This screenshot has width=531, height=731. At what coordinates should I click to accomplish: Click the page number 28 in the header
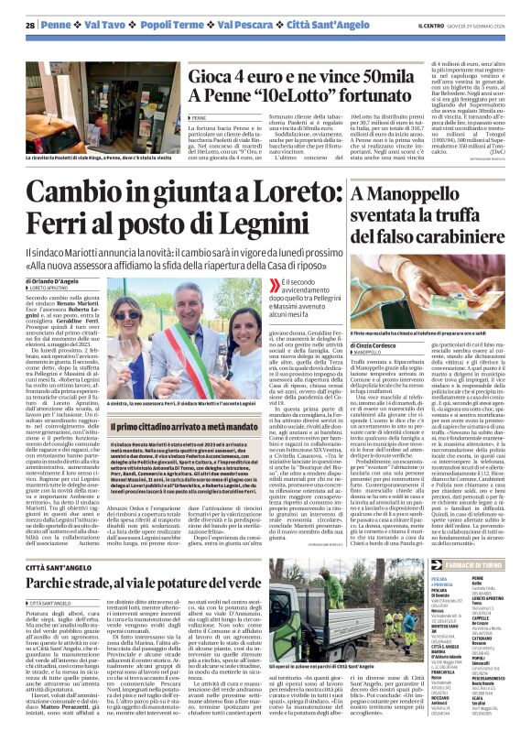[x=30, y=26]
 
